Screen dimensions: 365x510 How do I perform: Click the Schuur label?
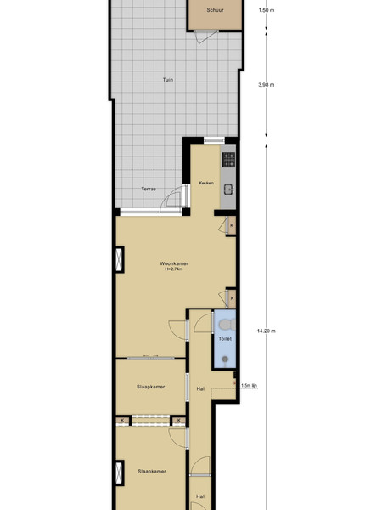pos(215,10)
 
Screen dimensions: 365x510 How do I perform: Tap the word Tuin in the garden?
pos(168,80)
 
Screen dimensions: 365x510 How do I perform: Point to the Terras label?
pos(149,189)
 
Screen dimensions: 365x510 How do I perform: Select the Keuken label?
pos(206,183)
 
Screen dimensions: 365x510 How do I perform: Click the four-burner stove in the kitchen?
pos(228,160)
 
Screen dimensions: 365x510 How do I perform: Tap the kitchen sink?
pos(228,190)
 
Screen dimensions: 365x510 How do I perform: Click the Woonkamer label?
pos(174,263)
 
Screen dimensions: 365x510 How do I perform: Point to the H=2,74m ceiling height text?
pos(174,269)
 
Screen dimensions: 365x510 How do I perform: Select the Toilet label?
pos(225,339)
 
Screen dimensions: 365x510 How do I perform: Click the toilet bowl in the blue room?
pos(227,325)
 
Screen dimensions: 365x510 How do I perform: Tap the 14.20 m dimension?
pos(267,331)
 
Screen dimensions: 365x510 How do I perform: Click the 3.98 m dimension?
pos(267,85)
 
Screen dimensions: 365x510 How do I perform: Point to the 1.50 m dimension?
pos(267,10)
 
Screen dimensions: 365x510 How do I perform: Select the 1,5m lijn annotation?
pos(249,386)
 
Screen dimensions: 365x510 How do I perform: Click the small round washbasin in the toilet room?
pos(225,360)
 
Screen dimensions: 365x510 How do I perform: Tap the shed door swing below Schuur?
pos(205,37)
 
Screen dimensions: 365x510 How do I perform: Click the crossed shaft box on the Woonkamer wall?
pos(120,259)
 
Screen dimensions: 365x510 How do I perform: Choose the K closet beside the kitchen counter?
pos(232,225)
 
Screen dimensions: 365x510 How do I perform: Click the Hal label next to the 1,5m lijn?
pos(200,388)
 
